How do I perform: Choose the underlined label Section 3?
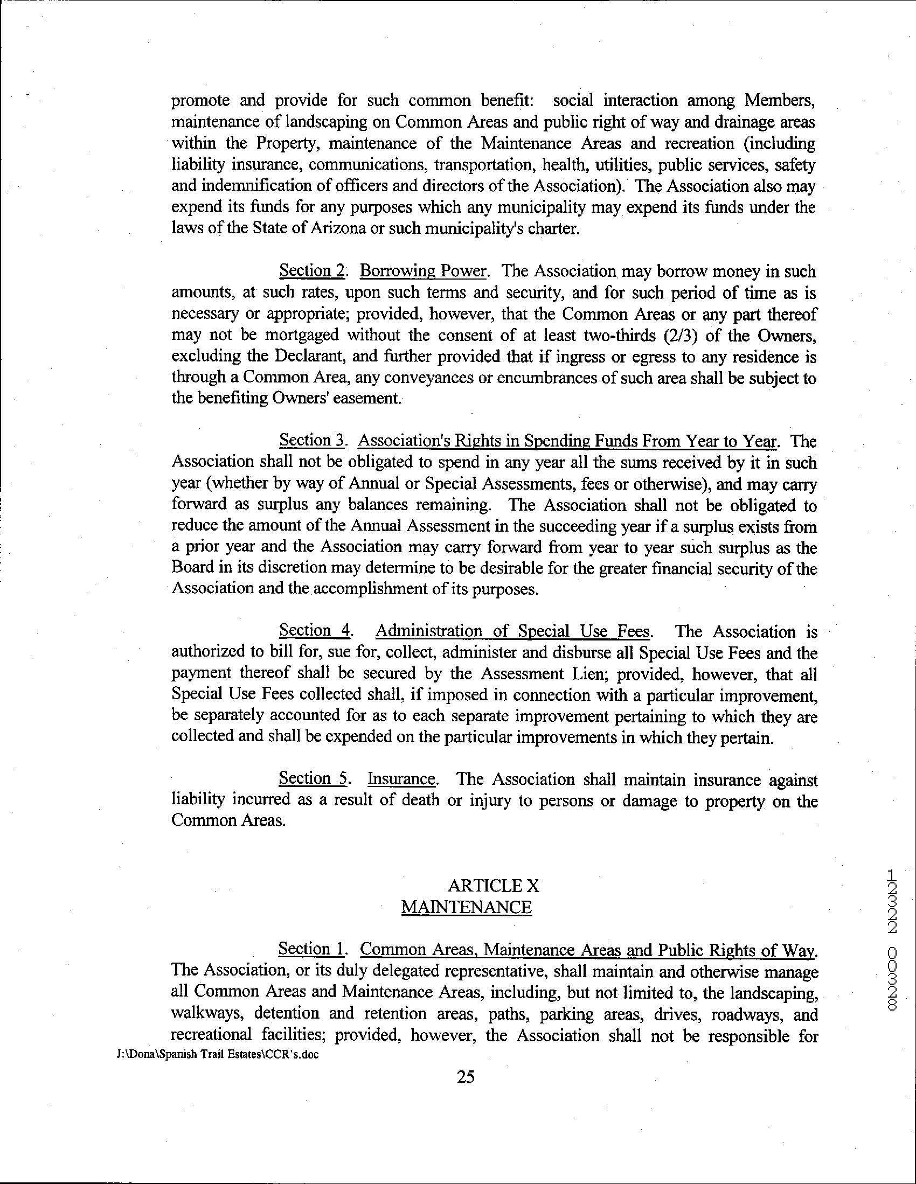[312, 441]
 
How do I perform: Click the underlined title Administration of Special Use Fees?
[513, 631]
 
